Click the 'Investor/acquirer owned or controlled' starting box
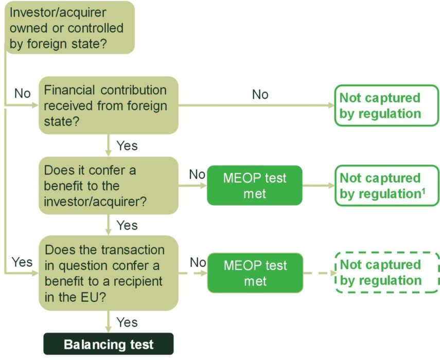pyautogui.click(x=69, y=28)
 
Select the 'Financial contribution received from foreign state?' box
pyautogui.click(x=108, y=106)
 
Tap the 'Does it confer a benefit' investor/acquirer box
pyautogui.click(x=108, y=186)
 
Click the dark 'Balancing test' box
pyautogui.click(x=109, y=344)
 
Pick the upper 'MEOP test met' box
pyautogui.click(x=255, y=186)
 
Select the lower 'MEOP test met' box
pyautogui.click(x=255, y=273)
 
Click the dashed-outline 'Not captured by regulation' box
pyautogui.click(x=387, y=273)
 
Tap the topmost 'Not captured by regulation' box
pyautogui.click(x=386, y=106)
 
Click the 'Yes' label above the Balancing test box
pyautogui.click(x=127, y=322)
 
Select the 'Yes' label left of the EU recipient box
pyautogui.click(x=22, y=262)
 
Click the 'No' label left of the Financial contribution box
pyautogui.click(x=22, y=94)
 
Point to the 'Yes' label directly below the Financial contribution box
pyautogui.click(x=127, y=146)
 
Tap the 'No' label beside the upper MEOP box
pyautogui.click(x=197, y=174)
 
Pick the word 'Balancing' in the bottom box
pyautogui.click(x=88, y=344)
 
